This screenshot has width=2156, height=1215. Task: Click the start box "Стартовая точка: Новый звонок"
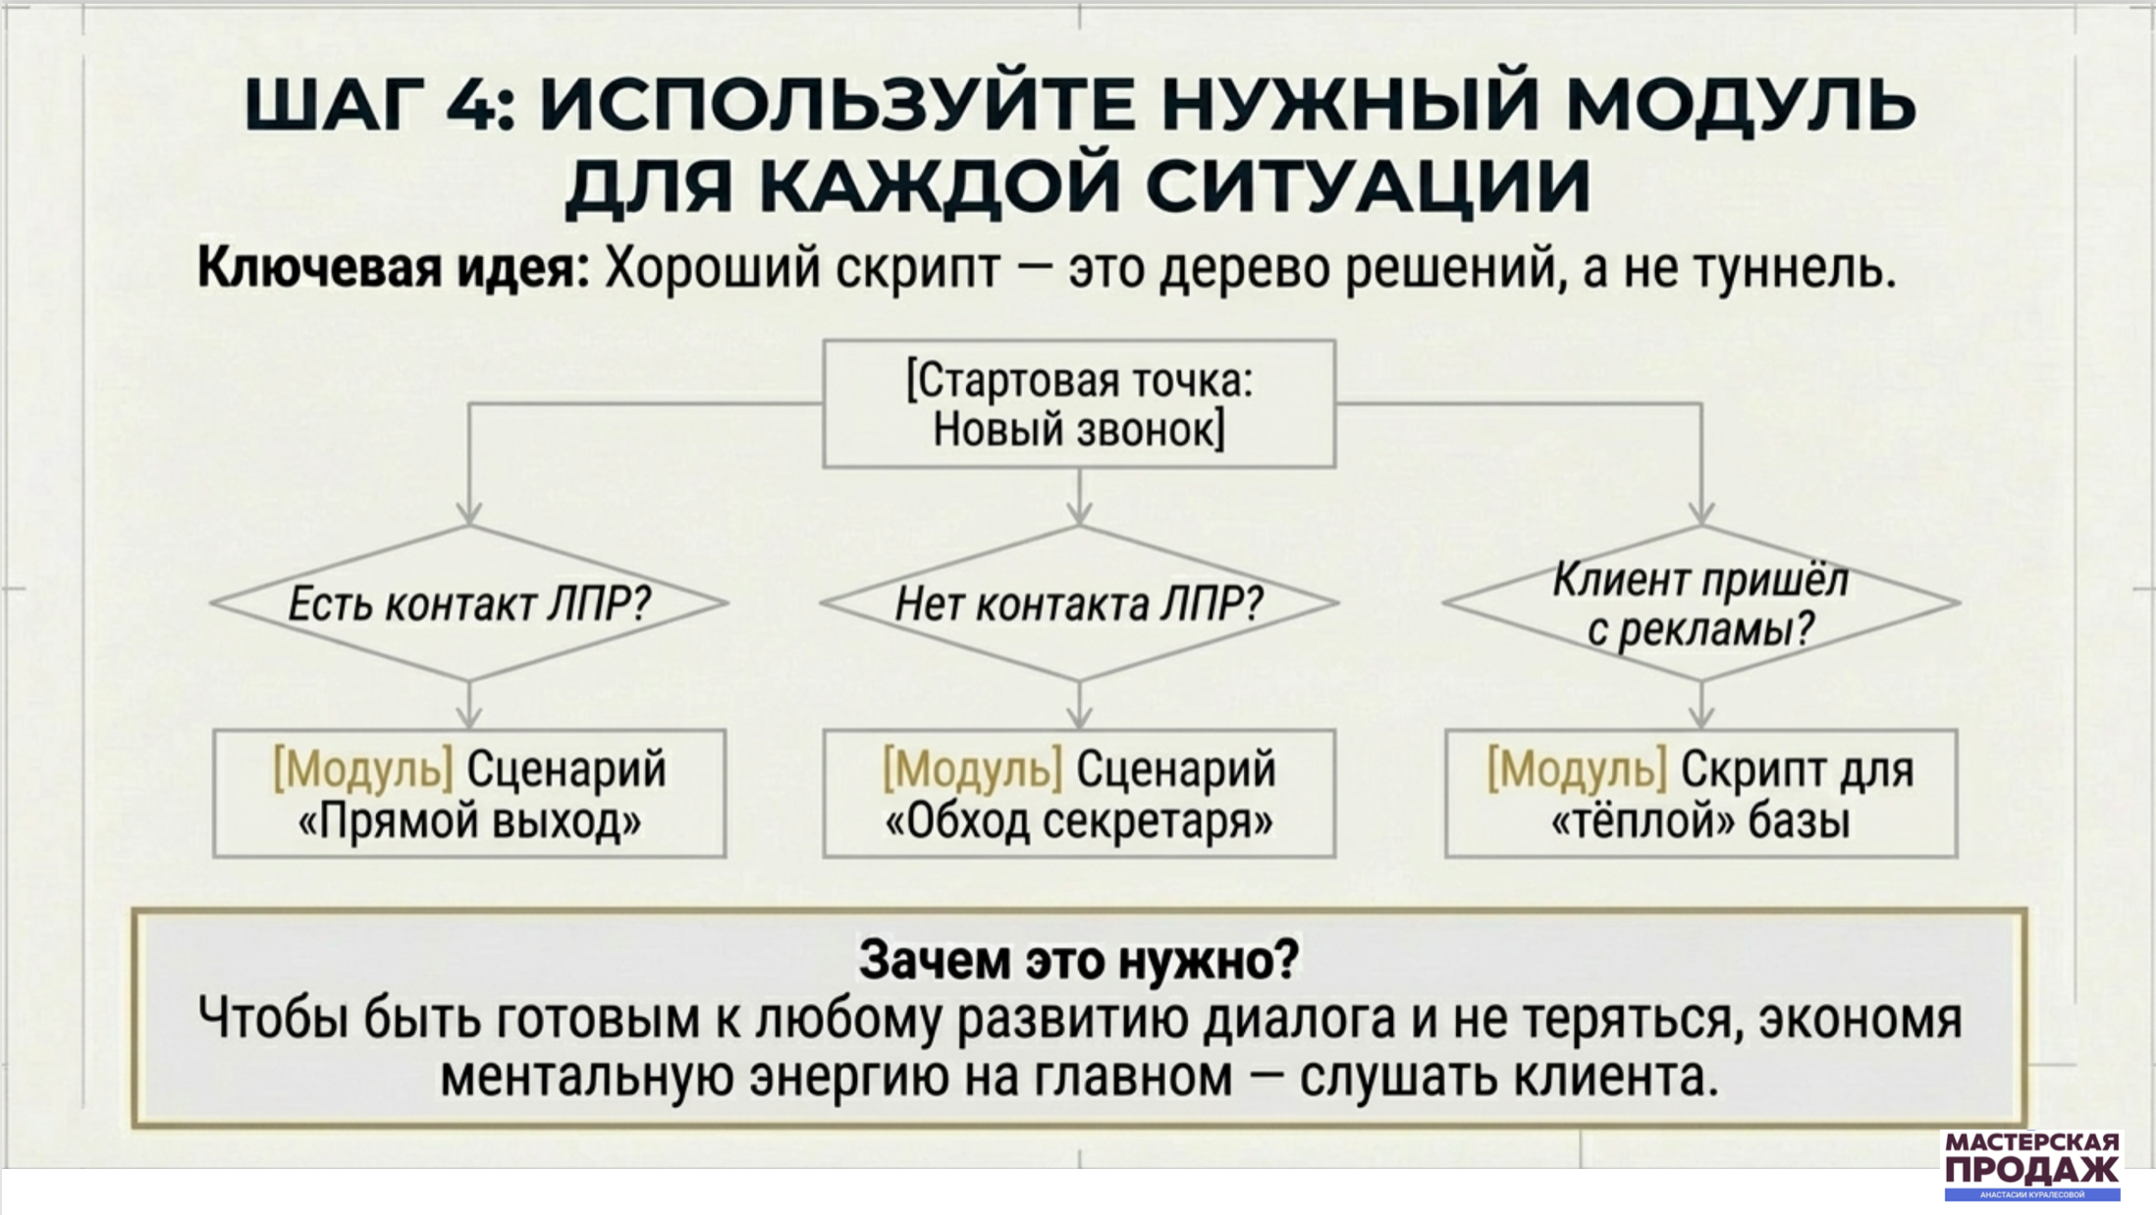(x=1078, y=403)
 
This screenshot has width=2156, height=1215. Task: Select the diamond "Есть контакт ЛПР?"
(x=469, y=603)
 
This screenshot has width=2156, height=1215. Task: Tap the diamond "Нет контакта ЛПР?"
(x=1078, y=603)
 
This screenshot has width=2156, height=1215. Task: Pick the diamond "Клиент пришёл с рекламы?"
(x=1700, y=603)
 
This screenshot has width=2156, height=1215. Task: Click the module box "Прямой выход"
(x=469, y=793)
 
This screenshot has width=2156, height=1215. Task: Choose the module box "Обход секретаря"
(x=1078, y=793)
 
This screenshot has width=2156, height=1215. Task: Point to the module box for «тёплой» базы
(x=1700, y=793)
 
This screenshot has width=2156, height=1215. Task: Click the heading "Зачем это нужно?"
(x=1078, y=960)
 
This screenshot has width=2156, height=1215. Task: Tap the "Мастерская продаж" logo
(x=2031, y=1165)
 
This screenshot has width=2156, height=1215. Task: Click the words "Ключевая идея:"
(x=393, y=267)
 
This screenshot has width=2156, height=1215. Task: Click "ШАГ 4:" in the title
(x=379, y=105)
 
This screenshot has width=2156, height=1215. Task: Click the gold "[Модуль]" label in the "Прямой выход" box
(x=362, y=769)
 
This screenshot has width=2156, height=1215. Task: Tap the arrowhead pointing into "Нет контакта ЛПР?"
(x=1079, y=513)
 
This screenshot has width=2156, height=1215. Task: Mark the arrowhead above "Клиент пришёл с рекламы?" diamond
(x=1701, y=513)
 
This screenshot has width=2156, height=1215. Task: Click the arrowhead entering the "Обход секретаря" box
(x=1079, y=718)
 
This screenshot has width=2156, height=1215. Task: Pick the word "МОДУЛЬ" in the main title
(x=1740, y=105)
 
